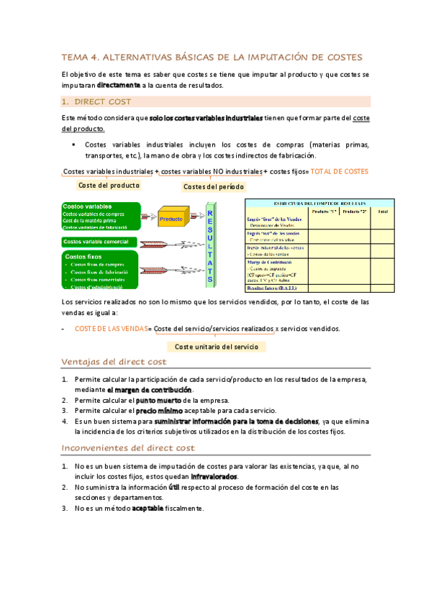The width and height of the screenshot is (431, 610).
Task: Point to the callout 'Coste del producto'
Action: (x=109, y=185)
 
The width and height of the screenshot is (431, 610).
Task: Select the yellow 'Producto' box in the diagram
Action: (x=171, y=218)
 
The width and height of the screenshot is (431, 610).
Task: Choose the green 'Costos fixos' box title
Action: (x=83, y=256)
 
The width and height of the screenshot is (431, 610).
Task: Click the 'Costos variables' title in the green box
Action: (x=86, y=206)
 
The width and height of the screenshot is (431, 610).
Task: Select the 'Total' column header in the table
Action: (x=383, y=211)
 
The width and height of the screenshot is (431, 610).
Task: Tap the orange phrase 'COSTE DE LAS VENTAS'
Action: (x=110, y=329)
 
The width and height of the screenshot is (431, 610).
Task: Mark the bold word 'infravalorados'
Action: (x=214, y=476)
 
